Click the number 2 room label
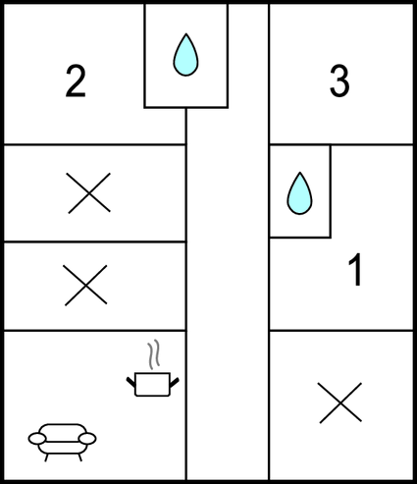76,81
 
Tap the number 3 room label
339,81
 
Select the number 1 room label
355,269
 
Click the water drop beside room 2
185,55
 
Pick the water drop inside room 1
299,193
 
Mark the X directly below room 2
88,193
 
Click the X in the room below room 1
340,403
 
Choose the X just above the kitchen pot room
85,285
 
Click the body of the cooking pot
152,385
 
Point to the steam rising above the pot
153,354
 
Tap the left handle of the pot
130,382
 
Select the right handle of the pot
175,382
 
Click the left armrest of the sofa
37,439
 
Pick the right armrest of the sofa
87,439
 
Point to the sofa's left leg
46,457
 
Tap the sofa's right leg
79,457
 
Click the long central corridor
228,295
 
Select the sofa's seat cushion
63,448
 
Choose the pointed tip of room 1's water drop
299,173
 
